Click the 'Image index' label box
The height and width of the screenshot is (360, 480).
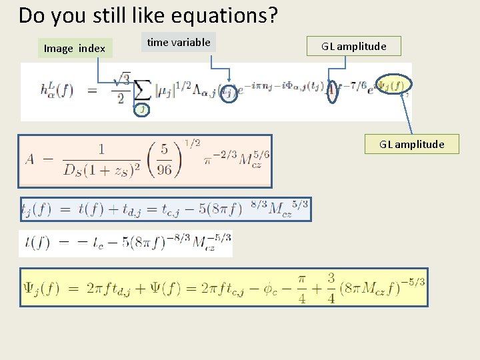tap(75, 48)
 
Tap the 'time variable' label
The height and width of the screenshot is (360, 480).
tap(179, 43)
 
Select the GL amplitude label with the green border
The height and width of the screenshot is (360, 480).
tap(353, 46)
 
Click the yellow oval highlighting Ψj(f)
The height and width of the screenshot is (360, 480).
tap(393, 85)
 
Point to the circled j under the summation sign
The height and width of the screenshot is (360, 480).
tap(141, 109)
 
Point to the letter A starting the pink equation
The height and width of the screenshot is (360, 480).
tap(30, 159)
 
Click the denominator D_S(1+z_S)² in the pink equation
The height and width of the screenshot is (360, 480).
tap(99, 169)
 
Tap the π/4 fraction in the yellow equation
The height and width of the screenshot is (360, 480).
tap(302, 287)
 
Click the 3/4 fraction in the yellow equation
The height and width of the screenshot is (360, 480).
tap(331, 287)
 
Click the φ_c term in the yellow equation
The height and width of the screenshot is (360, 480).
tap(269, 289)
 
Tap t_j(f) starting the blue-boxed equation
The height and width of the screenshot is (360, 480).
tap(36, 209)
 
